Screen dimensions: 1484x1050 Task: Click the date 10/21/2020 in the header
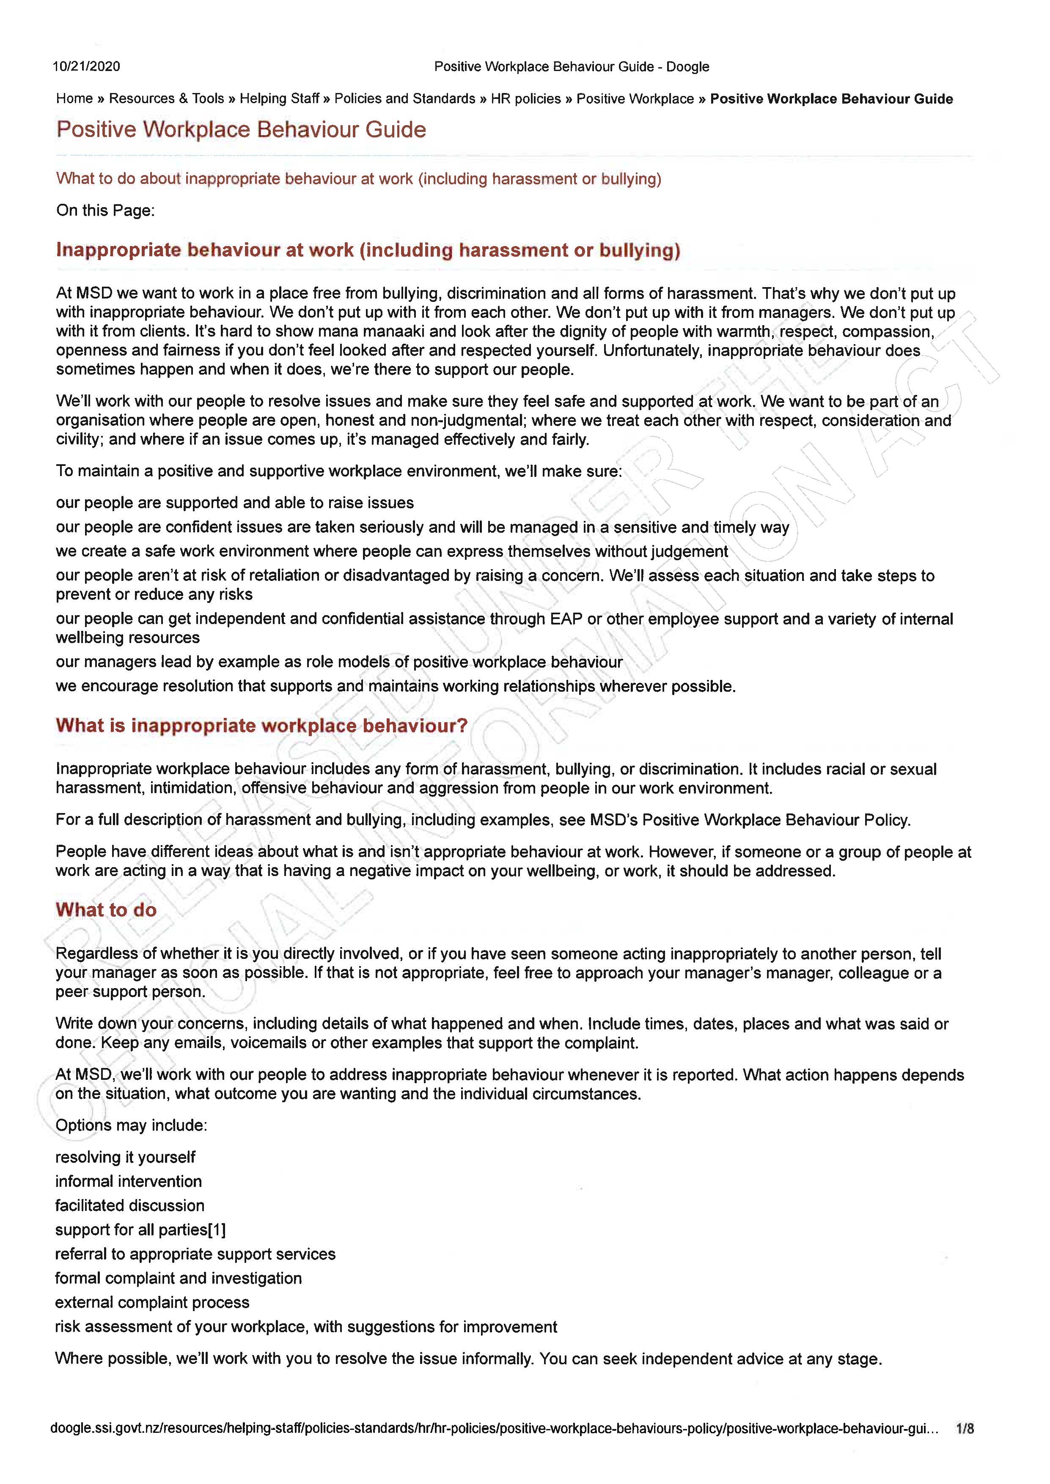click(x=86, y=66)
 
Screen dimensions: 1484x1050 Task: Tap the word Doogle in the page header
click(x=687, y=66)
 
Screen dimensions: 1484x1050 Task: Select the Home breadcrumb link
click(x=74, y=99)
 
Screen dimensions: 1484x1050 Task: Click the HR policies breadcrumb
click(x=526, y=99)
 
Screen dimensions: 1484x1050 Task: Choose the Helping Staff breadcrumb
click(x=279, y=99)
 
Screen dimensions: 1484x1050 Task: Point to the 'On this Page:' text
click(x=105, y=211)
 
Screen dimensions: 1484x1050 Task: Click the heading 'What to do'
click(x=106, y=910)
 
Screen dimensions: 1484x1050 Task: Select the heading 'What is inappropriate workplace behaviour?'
click(x=261, y=726)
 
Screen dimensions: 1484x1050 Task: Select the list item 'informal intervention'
click(x=128, y=1182)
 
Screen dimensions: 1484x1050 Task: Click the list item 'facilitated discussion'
click(x=129, y=1205)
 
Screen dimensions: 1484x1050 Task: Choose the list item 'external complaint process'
click(x=152, y=1302)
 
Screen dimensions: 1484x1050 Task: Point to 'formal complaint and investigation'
click(x=179, y=1279)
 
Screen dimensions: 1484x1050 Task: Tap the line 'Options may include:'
click(x=131, y=1125)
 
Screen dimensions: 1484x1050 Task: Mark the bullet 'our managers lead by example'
click(x=339, y=663)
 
